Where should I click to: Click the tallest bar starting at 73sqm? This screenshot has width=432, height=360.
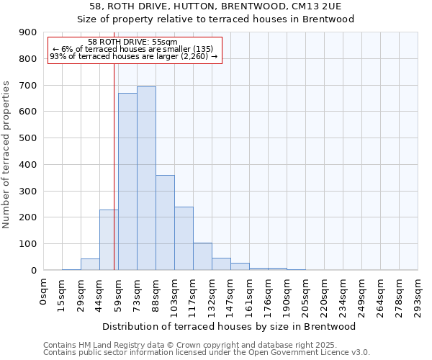146,179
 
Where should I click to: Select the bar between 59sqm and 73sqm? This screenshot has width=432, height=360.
127,181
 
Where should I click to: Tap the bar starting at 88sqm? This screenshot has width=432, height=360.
165,222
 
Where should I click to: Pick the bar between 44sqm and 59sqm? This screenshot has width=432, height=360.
109,240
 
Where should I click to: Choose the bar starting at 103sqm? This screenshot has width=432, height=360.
184,238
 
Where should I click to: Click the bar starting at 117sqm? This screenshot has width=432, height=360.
202,256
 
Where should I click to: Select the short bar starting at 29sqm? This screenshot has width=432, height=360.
90,264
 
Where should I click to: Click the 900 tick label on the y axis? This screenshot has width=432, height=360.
28,32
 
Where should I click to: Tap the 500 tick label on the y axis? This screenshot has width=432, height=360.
28,138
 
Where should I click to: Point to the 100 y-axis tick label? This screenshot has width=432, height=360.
28,244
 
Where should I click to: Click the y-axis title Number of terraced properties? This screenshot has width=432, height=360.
7,155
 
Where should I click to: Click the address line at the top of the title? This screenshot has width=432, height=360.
230,6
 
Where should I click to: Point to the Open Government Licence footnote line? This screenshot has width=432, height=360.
207,353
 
